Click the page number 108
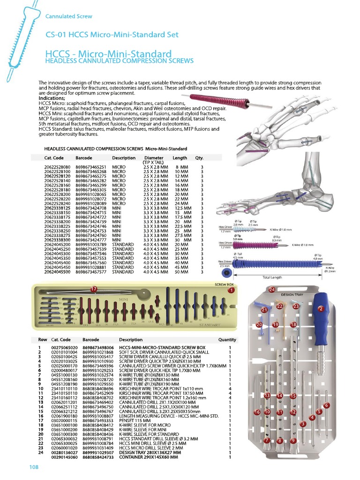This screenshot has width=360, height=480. [33, 467]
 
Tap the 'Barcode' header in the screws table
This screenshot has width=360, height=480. [84, 158]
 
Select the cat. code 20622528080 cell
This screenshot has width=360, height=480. [57, 167]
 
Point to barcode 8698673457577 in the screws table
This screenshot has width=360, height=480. [91, 272]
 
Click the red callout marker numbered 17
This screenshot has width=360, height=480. [94, 289]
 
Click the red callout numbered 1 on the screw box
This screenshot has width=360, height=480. [231, 291]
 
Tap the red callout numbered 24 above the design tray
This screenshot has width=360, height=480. [272, 290]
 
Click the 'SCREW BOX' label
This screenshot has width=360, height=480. [224, 285]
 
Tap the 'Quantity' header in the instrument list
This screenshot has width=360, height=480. [227, 340]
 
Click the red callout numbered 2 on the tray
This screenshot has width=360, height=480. [321, 309]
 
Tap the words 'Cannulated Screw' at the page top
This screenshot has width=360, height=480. [69, 16]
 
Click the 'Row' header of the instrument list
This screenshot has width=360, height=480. [43, 340]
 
